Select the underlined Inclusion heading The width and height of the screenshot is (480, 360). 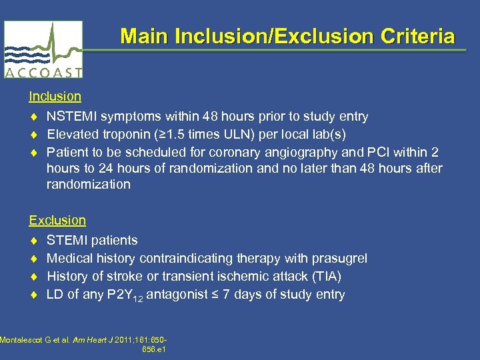(x=55, y=97)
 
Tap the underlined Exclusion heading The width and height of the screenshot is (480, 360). (x=57, y=220)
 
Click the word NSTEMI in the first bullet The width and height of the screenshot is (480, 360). (x=70, y=117)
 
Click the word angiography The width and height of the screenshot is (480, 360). (x=284, y=152)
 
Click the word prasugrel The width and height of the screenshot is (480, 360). (x=338, y=258)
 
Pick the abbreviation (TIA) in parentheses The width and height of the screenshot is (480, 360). (x=329, y=276)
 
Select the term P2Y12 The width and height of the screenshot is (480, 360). (x=124, y=295)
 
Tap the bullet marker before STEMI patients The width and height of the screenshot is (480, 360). (x=34, y=241)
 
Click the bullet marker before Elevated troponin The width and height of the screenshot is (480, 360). (x=34, y=135)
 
